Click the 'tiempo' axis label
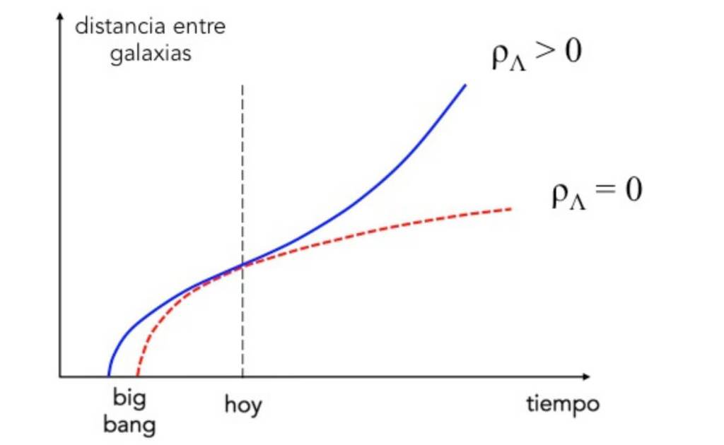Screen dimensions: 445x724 563,404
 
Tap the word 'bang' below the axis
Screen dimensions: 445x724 129,425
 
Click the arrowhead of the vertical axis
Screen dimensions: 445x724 61,17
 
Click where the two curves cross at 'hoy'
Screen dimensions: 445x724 243,265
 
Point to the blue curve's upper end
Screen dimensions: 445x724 466,85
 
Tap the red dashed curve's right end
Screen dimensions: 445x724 510,208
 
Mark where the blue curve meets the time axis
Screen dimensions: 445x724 108,375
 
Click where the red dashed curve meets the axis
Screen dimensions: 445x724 137,375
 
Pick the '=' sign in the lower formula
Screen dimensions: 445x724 602,193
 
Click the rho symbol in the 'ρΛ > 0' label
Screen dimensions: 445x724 500,58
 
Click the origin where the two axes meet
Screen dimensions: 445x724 61,376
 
